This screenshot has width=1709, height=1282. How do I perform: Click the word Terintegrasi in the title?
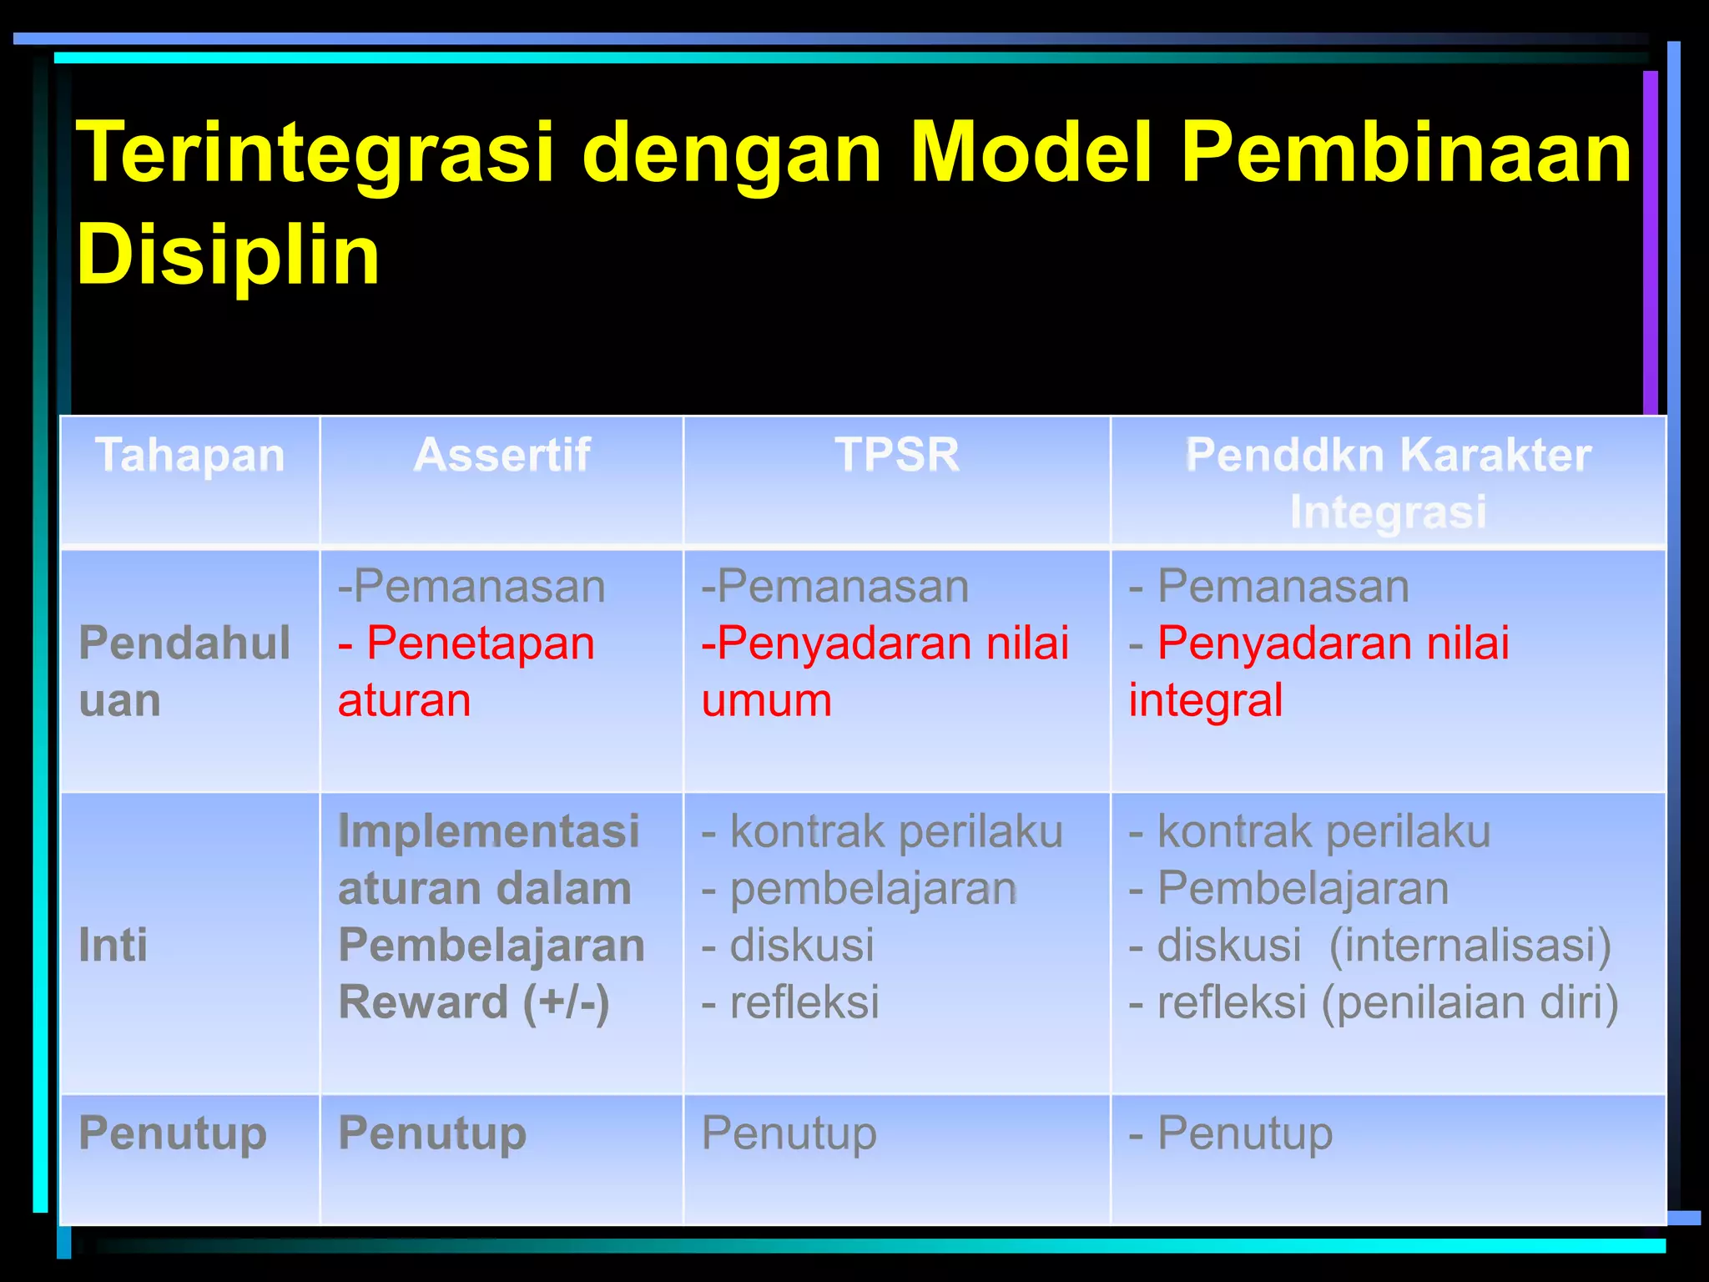click(x=315, y=152)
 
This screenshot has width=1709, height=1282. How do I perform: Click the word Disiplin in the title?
click(x=228, y=255)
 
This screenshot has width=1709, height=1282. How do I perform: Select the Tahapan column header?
click(x=190, y=456)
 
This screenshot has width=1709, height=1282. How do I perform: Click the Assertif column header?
click(x=502, y=456)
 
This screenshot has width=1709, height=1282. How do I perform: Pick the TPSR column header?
click(x=897, y=456)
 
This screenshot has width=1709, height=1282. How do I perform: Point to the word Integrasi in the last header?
click(x=1388, y=511)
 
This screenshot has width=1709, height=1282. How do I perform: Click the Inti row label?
click(x=113, y=945)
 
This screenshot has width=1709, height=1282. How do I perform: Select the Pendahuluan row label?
click(x=184, y=671)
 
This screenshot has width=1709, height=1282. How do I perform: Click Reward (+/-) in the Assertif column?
click(x=473, y=1002)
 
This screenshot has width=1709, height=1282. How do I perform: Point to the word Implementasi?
click(x=488, y=831)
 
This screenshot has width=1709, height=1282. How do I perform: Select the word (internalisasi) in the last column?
click(x=1470, y=945)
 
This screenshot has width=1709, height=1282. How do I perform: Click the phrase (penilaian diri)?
click(x=1470, y=1002)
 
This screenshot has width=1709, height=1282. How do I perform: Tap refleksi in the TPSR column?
click(x=804, y=1002)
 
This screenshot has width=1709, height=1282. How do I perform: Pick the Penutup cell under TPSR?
click(x=789, y=1133)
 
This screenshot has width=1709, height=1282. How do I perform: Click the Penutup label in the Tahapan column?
click(x=173, y=1133)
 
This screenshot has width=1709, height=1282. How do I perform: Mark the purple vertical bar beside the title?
click(x=1650, y=242)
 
